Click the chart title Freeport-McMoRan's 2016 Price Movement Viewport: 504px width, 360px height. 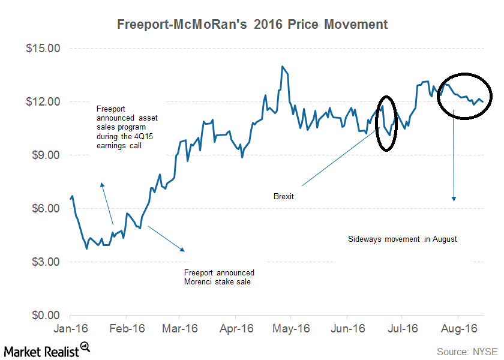[252, 25]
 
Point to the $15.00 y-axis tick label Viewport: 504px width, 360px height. [43, 48]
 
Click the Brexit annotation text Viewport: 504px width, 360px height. [283, 196]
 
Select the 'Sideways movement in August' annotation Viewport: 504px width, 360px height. [403, 239]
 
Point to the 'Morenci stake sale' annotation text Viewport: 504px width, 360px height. [218, 277]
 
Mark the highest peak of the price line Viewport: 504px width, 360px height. [281, 67]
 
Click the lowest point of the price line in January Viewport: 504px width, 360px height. [87, 248]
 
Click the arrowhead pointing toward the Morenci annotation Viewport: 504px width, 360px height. [182, 249]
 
